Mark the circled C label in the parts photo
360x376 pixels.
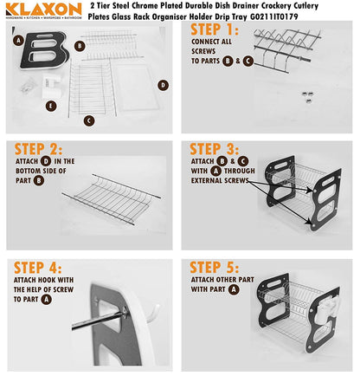click(88, 120)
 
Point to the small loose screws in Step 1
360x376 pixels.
click(306, 95)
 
